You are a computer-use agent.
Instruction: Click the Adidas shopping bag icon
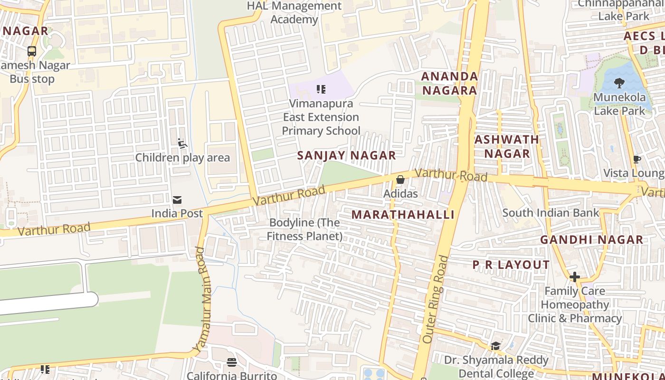400,180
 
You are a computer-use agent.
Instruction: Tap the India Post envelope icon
177,200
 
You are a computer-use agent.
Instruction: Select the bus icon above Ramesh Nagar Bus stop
32,51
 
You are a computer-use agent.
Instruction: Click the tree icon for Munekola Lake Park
619,84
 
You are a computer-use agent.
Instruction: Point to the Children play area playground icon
182,143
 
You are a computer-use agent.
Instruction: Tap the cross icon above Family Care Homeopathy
575,276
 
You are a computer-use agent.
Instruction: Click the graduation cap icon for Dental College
495,346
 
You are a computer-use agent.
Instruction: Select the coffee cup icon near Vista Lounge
637,159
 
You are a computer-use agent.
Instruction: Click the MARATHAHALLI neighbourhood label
403,215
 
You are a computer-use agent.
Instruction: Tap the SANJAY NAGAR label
346,155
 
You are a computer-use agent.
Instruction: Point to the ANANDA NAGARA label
449,83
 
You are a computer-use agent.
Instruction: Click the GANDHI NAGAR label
591,240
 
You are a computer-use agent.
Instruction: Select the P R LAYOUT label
511,265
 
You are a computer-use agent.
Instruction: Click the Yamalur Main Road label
202,299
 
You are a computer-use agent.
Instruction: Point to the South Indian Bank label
551,213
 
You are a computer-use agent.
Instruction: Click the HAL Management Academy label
294,13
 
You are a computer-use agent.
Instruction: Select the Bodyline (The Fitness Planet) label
304,229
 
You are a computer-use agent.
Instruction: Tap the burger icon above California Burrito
232,362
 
